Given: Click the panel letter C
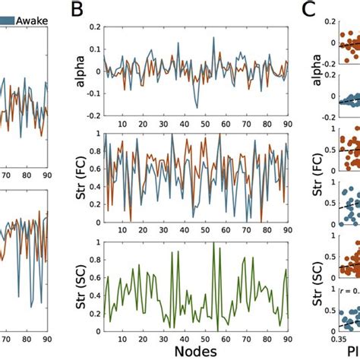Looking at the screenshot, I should pyautogui.click(x=308, y=11).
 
